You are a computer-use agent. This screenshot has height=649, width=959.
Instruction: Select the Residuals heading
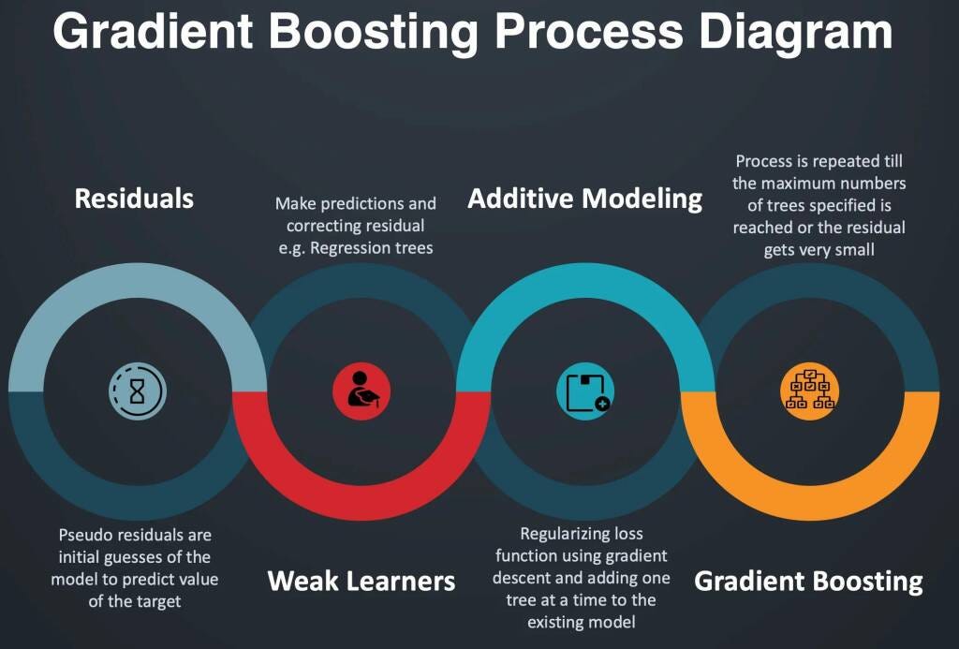tap(134, 199)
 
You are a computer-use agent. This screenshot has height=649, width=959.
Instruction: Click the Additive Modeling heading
tap(584, 199)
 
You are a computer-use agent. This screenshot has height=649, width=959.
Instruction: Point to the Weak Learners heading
tap(361, 581)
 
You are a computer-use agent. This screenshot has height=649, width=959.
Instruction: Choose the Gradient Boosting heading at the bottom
tap(808, 581)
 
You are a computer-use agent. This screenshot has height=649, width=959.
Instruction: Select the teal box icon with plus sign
tap(585, 390)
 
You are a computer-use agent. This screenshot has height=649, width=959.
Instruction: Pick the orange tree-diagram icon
tap(809, 390)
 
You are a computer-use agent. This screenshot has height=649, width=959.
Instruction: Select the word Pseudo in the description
tap(84, 536)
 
